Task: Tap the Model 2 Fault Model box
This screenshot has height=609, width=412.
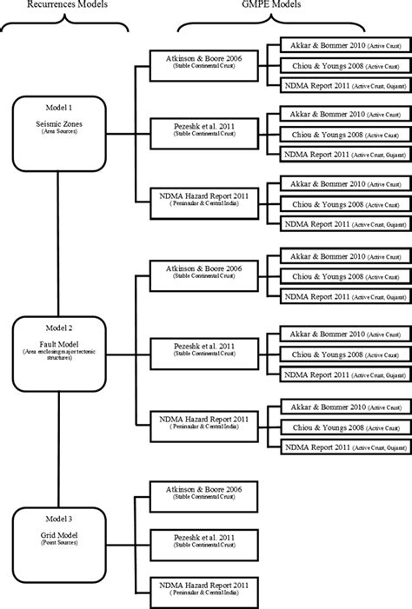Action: (58, 350)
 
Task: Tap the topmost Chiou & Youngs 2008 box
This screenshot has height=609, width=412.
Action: (344, 65)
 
